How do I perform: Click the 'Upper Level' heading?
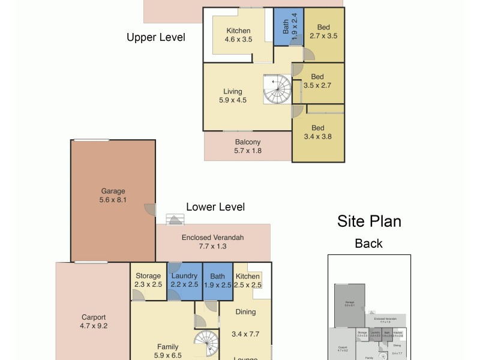tap(156, 37)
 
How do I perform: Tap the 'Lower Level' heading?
tap(215, 207)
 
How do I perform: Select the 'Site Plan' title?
tap(368, 221)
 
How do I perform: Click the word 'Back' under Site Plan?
tap(368, 244)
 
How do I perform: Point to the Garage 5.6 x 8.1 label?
tap(113, 196)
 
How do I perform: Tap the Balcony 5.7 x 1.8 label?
tap(248, 147)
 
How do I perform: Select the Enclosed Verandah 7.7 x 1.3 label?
tap(212, 242)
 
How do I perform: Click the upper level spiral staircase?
tap(278, 89)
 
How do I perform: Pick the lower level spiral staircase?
tap(208, 346)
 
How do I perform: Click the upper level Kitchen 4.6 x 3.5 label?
tap(238, 35)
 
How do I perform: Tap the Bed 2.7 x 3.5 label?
tap(324, 32)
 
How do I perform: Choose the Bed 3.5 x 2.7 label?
tap(317, 81)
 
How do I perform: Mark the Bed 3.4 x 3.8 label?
tap(317, 132)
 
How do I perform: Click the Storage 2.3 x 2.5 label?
tap(148, 280)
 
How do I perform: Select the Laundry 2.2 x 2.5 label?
tap(184, 280)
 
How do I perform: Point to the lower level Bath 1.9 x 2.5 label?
tap(217, 280)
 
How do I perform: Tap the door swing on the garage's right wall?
tap(148, 208)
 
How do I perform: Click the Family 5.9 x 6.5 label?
tap(168, 351)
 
